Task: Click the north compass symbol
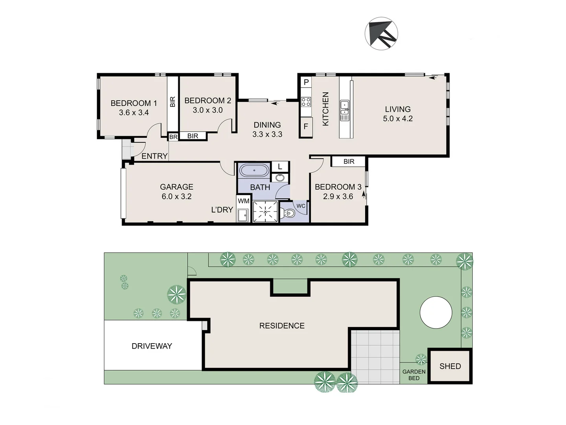381,33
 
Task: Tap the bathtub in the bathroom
254,171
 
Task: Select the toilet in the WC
289,213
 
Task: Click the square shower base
265,212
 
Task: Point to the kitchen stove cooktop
306,102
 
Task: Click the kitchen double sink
344,111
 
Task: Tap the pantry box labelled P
306,82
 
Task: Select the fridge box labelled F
306,127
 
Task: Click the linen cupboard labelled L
280,166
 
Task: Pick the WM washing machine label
243,201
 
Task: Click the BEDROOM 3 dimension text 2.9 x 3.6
338,196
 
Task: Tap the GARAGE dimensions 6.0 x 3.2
176,196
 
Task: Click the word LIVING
398,109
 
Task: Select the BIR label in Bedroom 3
349,161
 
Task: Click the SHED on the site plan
450,366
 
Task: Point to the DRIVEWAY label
152,346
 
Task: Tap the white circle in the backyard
436,312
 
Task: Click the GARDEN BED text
414,375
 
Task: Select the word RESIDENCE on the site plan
282,325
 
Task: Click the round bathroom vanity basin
280,178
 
